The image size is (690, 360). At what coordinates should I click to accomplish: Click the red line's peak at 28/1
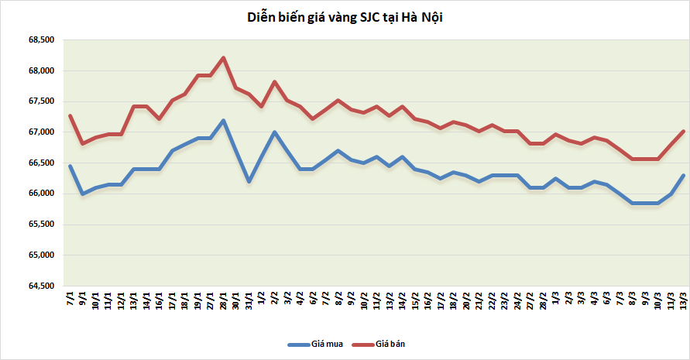[x=224, y=57]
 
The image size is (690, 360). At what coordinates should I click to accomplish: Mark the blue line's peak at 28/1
[x=224, y=120]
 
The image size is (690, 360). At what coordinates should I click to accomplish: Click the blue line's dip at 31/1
[x=249, y=181]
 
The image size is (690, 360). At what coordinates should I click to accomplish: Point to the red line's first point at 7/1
[x=70, y=115]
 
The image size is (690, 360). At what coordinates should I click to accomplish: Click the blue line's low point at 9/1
[x=83, y=194]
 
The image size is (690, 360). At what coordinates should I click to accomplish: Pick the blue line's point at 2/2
[x=275, y=132]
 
